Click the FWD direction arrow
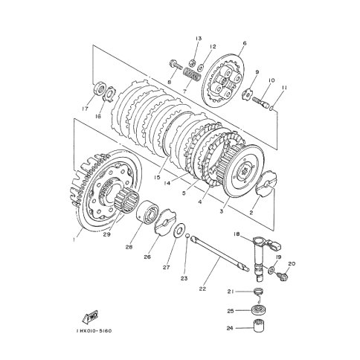(91, 317)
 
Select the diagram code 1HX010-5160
(94, 331)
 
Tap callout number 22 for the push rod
(202, 289)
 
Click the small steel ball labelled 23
(187, 235)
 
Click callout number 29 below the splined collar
(107, 234)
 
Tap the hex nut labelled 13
(192, 63)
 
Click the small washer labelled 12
(201, 67)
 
